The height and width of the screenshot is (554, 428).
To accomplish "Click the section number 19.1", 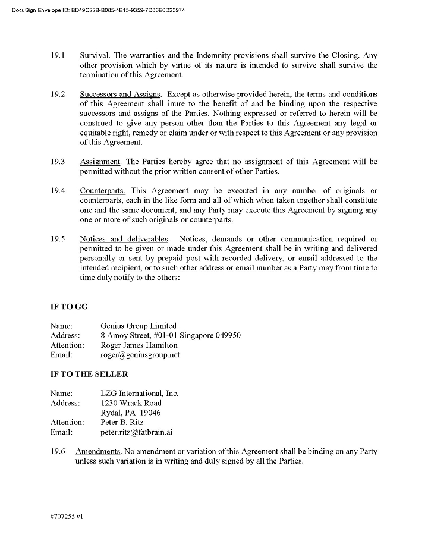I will tap(58, 55).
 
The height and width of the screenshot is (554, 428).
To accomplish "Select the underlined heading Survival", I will tap(95, 55).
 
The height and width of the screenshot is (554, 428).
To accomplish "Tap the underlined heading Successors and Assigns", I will tap(120, 94).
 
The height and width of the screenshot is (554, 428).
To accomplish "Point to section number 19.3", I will tap(58, 162).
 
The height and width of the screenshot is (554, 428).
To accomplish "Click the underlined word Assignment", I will tap(100, 162).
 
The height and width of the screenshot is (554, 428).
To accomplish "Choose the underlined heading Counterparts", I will tap(102, 190).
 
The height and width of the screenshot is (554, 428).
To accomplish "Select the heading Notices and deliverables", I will tap(124, 239).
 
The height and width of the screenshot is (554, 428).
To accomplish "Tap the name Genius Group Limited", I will tap(139, 326).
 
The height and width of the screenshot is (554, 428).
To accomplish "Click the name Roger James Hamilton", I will tap(139, 345).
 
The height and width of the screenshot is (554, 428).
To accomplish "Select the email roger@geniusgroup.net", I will tap(140, 355).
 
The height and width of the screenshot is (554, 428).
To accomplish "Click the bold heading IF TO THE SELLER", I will tap(89, 374).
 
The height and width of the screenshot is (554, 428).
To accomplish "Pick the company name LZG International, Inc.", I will tap(140, 394).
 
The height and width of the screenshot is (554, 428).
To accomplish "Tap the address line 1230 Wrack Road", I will tap(131, 403).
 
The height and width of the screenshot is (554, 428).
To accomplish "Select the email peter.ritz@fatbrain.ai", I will tap(137, 432).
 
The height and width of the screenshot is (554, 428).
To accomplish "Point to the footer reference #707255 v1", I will tap(67, 517).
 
